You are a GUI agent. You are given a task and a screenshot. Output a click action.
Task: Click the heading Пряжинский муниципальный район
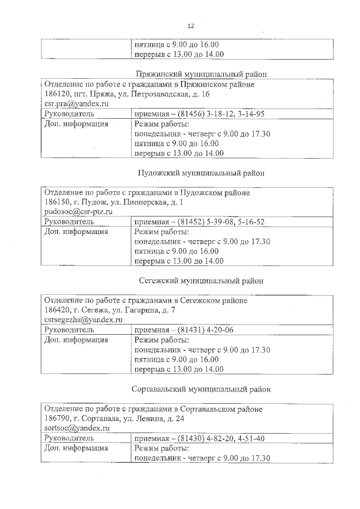coord(201,74)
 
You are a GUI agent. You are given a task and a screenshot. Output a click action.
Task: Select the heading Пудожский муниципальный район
coord(201,173)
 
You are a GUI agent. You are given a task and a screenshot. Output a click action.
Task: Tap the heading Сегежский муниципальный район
coord(201,280)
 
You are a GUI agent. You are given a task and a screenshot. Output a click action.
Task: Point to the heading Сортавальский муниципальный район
coord(201,389)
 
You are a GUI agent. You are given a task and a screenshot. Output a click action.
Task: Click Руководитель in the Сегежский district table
coord(69,330)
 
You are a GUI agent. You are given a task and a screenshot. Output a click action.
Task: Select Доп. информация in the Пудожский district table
coord(76,232)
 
